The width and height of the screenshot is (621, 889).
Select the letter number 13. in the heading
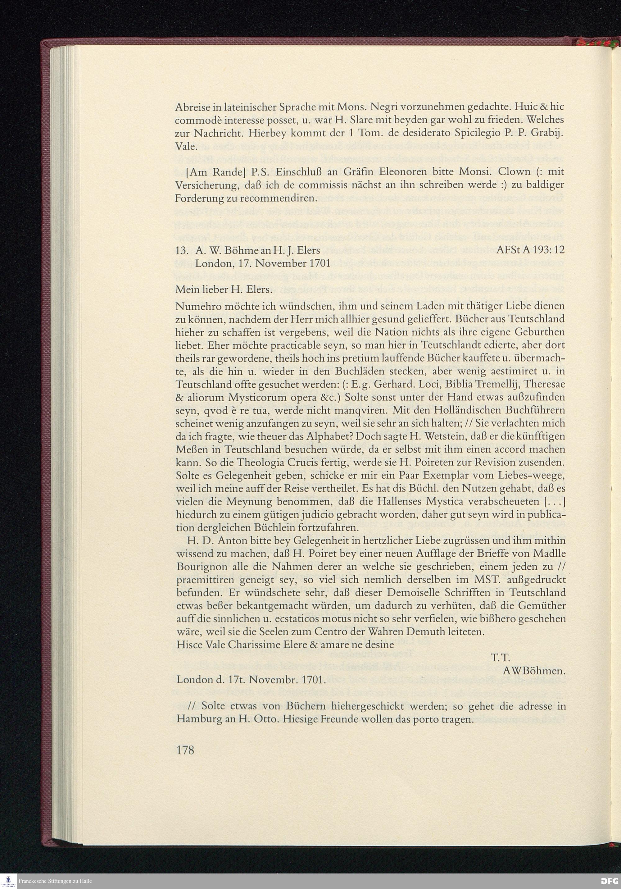click(x=182, y=250)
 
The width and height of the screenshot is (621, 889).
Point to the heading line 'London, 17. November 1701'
click(x=262, y=264)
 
